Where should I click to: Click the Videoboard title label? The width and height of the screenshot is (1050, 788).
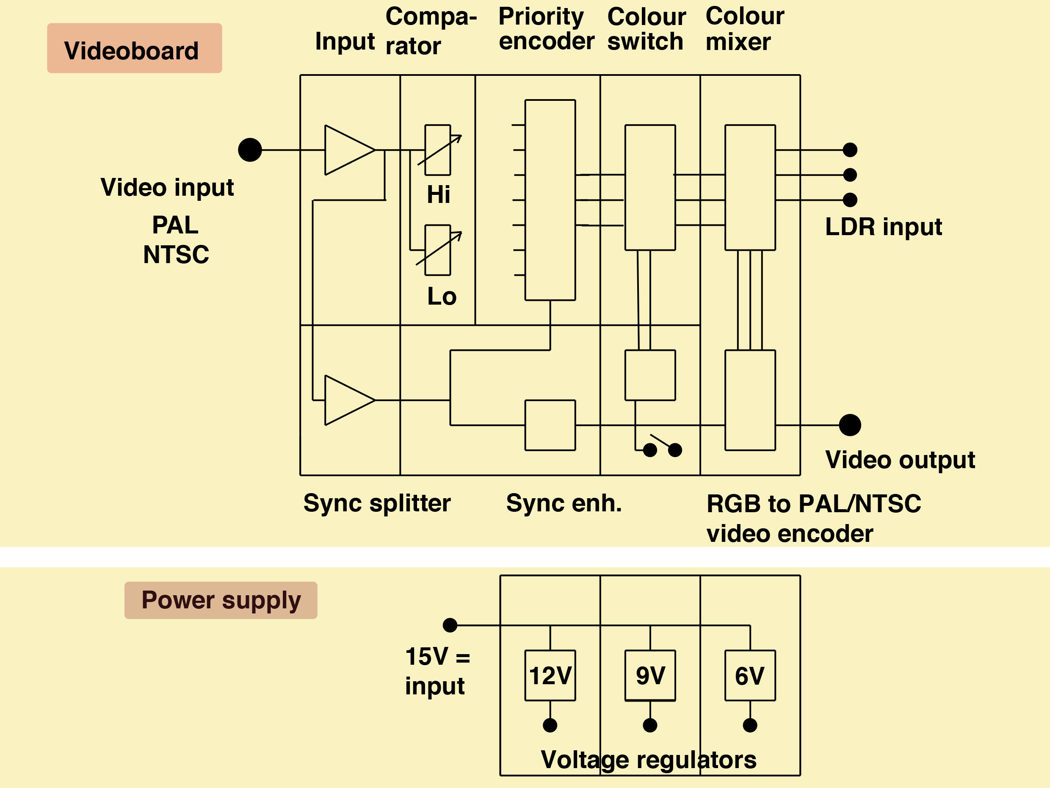(134, 48)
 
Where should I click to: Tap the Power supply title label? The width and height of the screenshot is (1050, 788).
(221, 600)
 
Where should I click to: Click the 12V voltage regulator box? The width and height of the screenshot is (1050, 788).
(550, 675)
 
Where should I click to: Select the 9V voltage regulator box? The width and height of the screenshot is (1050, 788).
(650, 675)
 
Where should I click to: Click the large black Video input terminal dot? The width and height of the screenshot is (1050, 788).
(250, 150)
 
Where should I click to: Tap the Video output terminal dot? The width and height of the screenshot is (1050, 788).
(850, 425)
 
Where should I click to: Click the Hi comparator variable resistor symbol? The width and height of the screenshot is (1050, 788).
(438, 150)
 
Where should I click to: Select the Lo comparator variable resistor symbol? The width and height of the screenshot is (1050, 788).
(438, 250)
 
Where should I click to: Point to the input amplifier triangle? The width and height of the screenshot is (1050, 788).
(350, 150)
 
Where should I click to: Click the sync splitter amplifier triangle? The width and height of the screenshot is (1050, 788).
(350, 400)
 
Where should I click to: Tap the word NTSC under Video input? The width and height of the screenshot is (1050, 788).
(176, 255)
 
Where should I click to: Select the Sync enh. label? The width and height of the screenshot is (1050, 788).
(564, 503)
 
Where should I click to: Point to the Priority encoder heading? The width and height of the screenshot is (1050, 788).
(546, 28)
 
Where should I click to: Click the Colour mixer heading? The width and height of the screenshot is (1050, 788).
(745, 28)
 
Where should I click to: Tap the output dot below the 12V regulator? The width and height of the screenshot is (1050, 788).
(550, 725)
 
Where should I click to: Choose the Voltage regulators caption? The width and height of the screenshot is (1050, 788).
(649, 760)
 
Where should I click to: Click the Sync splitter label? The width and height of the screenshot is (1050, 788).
(377, 503)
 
